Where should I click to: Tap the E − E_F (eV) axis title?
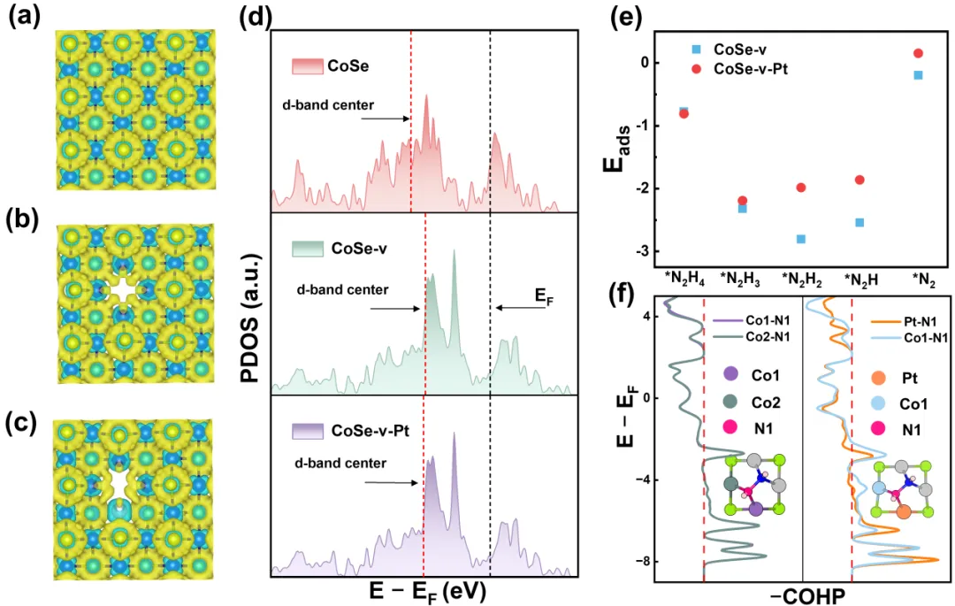coord(425,588)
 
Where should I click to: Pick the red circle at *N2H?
coord(859,180)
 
